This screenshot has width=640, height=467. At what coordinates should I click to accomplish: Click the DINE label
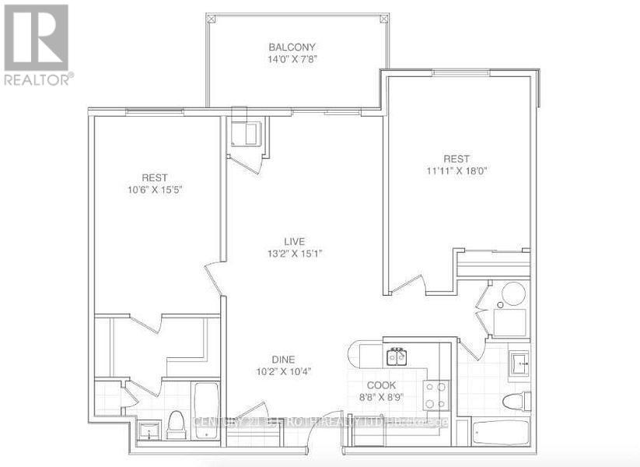coord(282,359)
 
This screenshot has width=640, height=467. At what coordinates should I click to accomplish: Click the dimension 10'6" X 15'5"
coord(155,189)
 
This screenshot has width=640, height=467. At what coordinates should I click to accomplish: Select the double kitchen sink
coord(397,357)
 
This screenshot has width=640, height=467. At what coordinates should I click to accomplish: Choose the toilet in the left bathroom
coord(176,424)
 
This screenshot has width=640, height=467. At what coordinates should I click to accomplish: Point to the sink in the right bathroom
coord(519,362)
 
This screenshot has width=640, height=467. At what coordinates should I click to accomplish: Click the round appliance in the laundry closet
coord(513,294)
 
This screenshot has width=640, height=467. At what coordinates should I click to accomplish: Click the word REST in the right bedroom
coord(456,159)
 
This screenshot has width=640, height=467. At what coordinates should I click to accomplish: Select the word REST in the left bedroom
coord(155,177)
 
